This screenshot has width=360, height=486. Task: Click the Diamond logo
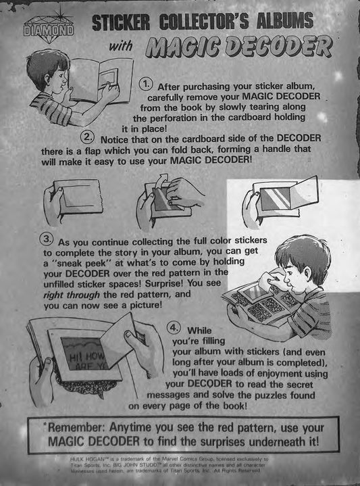(49, 30)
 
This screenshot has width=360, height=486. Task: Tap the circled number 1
(146, 84)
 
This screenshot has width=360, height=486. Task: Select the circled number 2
(87, 137)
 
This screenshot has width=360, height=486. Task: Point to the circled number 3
(47, 239)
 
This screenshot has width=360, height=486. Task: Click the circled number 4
(174, 329)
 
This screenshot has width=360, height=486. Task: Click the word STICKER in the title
(121, 22)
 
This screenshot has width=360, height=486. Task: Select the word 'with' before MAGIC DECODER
(120, 46)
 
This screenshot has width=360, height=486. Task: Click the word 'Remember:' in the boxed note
(76, 428)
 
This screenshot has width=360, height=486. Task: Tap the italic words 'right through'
(72, 295)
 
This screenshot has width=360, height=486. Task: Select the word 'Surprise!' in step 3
(165, 284)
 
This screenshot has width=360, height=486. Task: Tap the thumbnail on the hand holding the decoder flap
(128, 334)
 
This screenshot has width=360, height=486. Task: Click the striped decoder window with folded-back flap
(275, 199)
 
